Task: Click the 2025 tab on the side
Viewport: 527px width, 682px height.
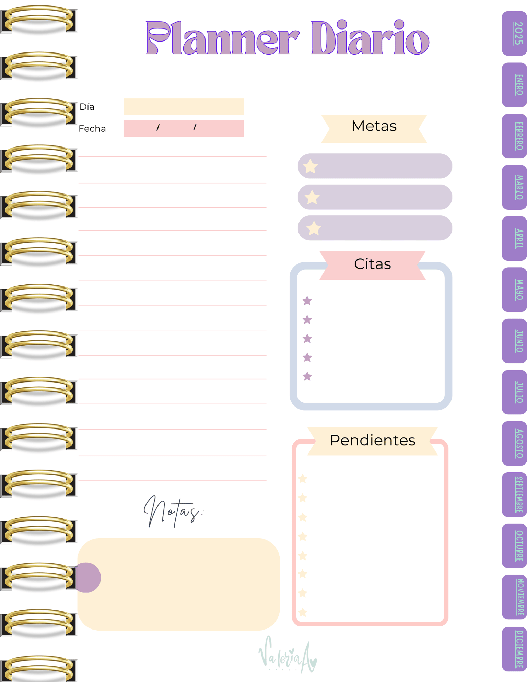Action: point(514,33)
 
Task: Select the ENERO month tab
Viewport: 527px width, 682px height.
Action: point(514,85)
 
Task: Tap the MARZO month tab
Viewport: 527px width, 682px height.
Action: point(514,187)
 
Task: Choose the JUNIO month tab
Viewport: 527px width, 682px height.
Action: point(514,341)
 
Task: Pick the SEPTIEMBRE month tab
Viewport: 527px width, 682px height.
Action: point(514,494)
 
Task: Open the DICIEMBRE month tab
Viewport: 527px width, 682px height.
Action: point(514,649)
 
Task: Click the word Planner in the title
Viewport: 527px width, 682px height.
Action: point(223,38)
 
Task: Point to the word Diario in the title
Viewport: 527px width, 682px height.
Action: point(370,37)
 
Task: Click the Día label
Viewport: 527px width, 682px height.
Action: point(87,107)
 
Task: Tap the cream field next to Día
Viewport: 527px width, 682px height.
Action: point(184,107)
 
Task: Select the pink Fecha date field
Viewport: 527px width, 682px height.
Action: point(184,128)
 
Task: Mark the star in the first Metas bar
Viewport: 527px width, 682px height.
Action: point(311,166)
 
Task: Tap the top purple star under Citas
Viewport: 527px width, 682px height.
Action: point(307,301)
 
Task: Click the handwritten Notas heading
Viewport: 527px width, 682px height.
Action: point(174,512)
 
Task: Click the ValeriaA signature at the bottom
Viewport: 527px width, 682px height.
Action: point(288,654)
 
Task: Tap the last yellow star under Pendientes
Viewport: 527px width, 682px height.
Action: point(303,612)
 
